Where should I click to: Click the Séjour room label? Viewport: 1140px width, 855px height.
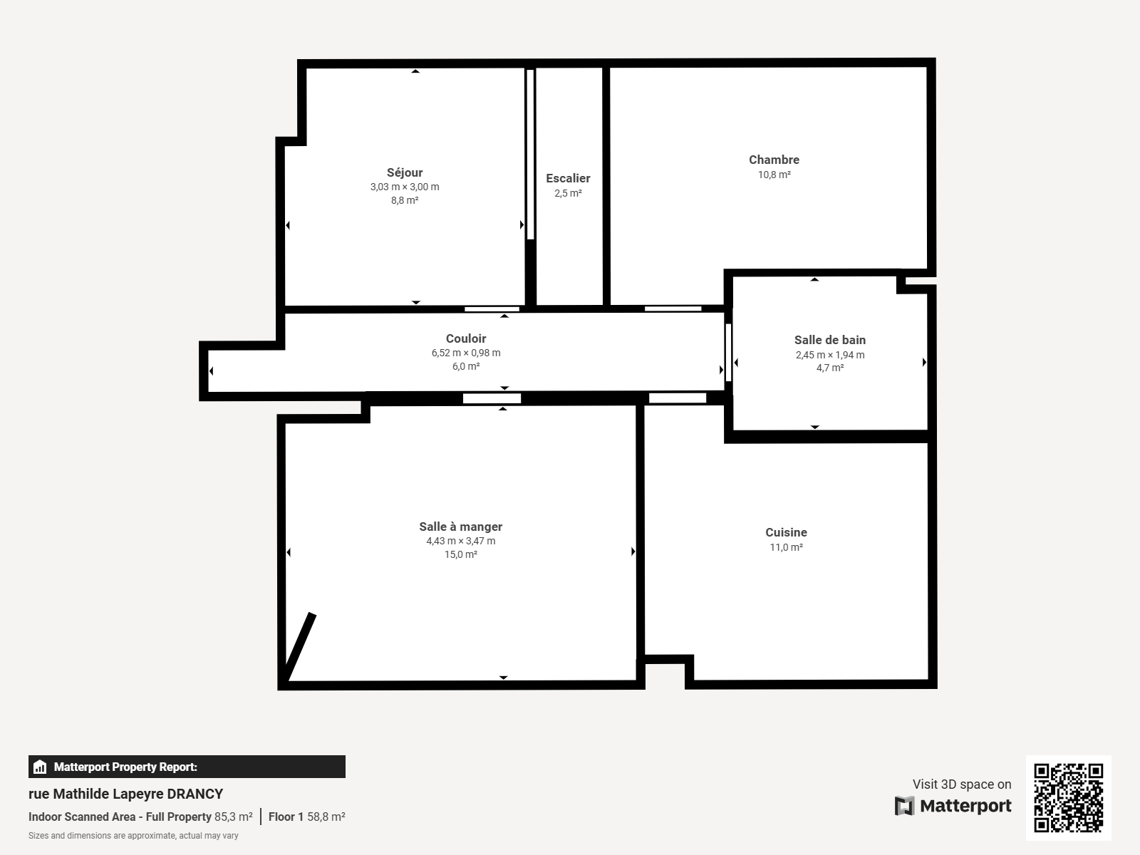point(405,173)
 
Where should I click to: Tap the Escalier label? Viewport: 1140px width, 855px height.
point(568,178)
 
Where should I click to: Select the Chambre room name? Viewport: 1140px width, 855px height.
point(774,160)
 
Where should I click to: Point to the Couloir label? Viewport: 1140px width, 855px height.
point(466,338)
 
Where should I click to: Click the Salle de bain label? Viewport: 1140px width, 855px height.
point(830,340)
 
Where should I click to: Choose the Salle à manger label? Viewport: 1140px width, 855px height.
point(461,527)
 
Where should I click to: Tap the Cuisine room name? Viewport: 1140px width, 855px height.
point(786,532)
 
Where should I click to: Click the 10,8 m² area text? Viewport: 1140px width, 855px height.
point(774,175)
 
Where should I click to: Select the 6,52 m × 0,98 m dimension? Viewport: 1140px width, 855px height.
point(466,353)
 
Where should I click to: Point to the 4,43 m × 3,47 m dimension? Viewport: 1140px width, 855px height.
point(461,541)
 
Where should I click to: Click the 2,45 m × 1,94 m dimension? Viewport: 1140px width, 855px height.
point(830,355)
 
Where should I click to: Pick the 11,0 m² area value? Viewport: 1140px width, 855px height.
point(786,547)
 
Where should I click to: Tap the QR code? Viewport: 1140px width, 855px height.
point(1068,797)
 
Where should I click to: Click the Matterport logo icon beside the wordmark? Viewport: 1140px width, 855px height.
point(904,806)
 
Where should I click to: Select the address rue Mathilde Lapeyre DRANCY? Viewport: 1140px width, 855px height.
point(125,794)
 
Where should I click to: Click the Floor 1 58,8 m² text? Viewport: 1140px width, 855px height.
point(306,817)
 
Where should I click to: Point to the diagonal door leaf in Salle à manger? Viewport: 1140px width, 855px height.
point(299,647)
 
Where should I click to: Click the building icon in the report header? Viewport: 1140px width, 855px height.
point(40,767)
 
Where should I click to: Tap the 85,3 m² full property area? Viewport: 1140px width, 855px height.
point(233,817)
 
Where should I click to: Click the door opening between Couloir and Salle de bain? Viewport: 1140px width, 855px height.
point(728,353)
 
